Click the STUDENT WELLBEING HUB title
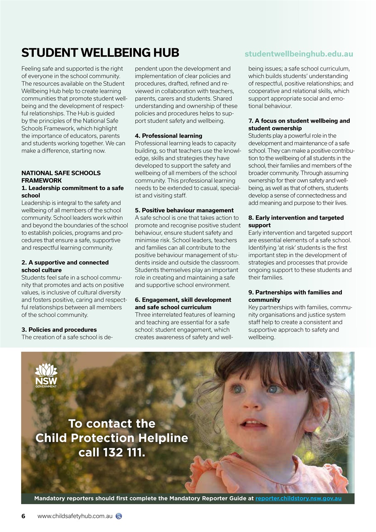point(100,53)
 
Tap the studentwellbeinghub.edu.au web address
point(299,54)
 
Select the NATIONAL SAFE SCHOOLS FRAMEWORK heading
point(61,177)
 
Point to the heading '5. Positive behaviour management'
point(184,210)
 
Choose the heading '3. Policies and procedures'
point(59,330)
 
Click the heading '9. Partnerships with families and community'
point(295,296)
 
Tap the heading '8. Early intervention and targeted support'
point(296,222)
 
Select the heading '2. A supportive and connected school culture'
point(65,266)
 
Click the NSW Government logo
point(46,375)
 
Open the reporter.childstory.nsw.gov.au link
point(298,498)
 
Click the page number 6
point(24,516)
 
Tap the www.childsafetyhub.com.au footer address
point(75,516)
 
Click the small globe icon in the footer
point(119,516)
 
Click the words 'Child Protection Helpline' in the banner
point(112,438)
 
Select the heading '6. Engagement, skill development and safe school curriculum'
point(183,303)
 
